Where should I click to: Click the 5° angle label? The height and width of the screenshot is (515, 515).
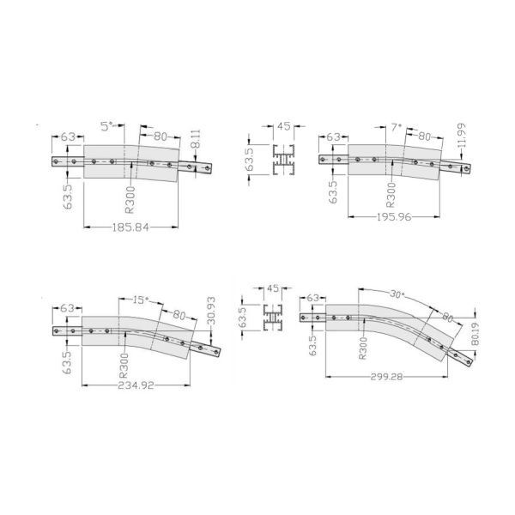[107, 126]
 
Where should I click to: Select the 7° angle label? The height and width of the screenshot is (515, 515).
[397, 127]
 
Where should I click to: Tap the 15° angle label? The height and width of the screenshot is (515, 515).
[141, 300]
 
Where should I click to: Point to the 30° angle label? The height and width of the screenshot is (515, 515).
[397, 294]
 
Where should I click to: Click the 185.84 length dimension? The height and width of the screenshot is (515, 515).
[130, 227]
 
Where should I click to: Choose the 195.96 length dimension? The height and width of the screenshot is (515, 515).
[394, 217]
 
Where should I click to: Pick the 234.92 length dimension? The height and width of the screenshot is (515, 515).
[136, 385]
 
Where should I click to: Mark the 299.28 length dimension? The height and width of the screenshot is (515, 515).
[386, 377]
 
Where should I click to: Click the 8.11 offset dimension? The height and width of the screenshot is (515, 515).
[196, 139]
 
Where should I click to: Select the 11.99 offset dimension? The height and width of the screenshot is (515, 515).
[462, 136]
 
